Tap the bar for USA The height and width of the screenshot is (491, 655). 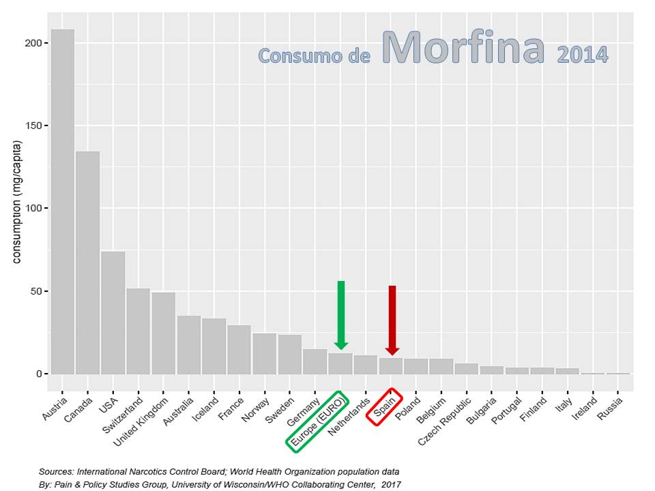(x=113, y=313)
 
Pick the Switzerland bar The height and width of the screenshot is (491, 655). (x=139, y=331)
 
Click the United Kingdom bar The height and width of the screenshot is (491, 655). (x=164, y=333)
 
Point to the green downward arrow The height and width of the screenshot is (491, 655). (x=341, y=314)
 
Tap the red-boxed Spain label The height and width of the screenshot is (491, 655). (x=385, y=407)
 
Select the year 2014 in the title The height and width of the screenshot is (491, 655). (x=582, y=55)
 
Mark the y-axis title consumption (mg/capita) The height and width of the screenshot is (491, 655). (x=18, y=202)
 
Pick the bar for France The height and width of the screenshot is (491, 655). (x=239, y=350)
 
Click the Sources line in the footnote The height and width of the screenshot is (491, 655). (x=219, y=471)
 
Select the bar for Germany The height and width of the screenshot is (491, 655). (x=315, y=361)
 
